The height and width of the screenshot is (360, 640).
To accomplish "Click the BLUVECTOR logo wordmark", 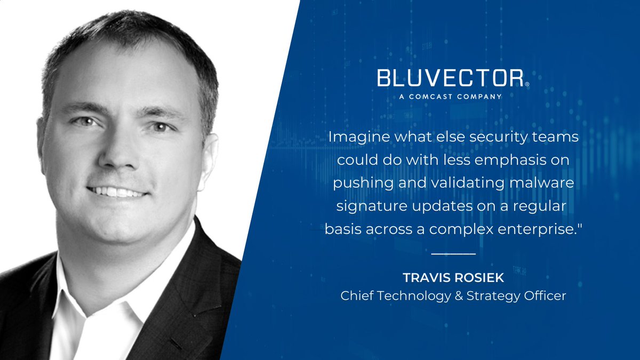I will click(450, 78).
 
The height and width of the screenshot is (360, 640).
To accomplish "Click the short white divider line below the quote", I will click(453, 254).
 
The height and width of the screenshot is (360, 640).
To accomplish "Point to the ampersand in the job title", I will click(459, 295).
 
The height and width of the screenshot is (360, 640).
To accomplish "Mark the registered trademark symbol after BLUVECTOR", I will click(527, 84).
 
